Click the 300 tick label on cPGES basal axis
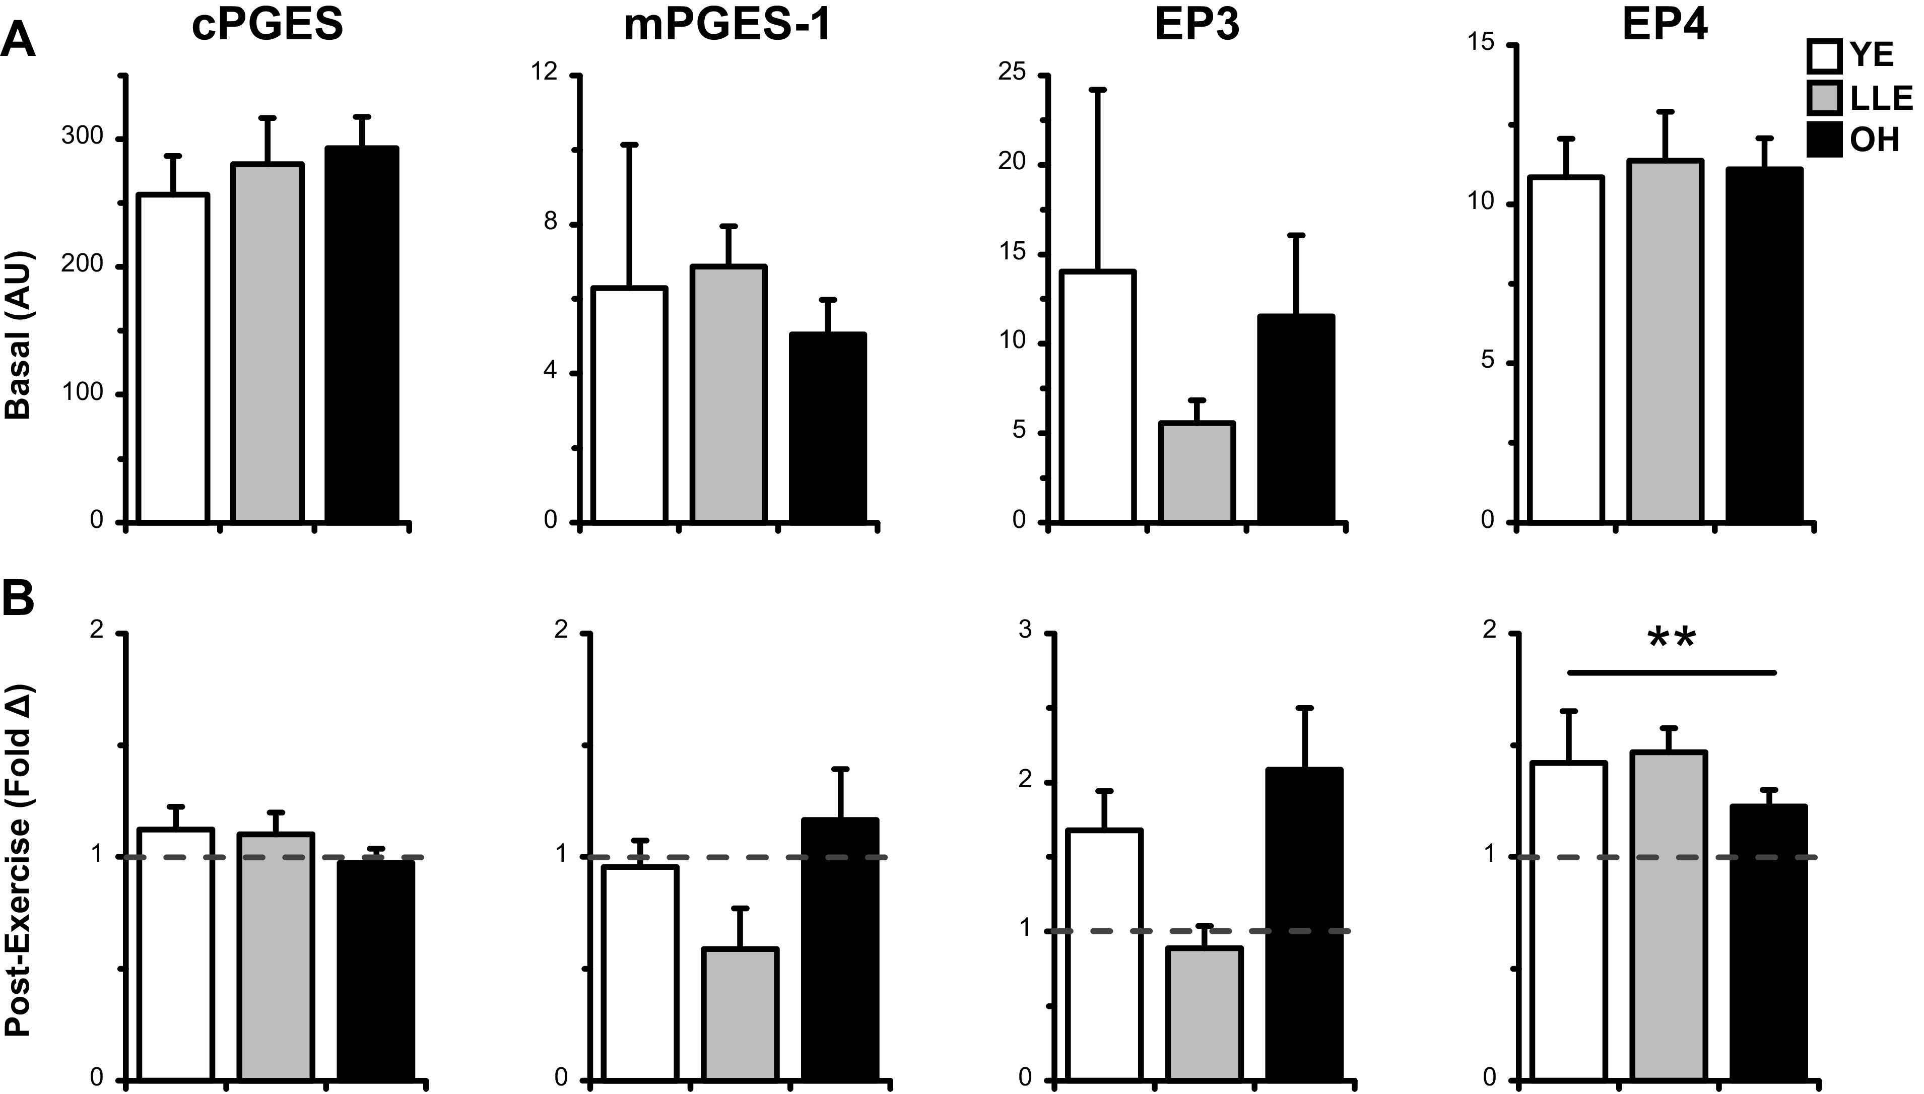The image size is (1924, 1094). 83,137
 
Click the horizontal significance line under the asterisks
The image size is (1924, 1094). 1672,672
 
